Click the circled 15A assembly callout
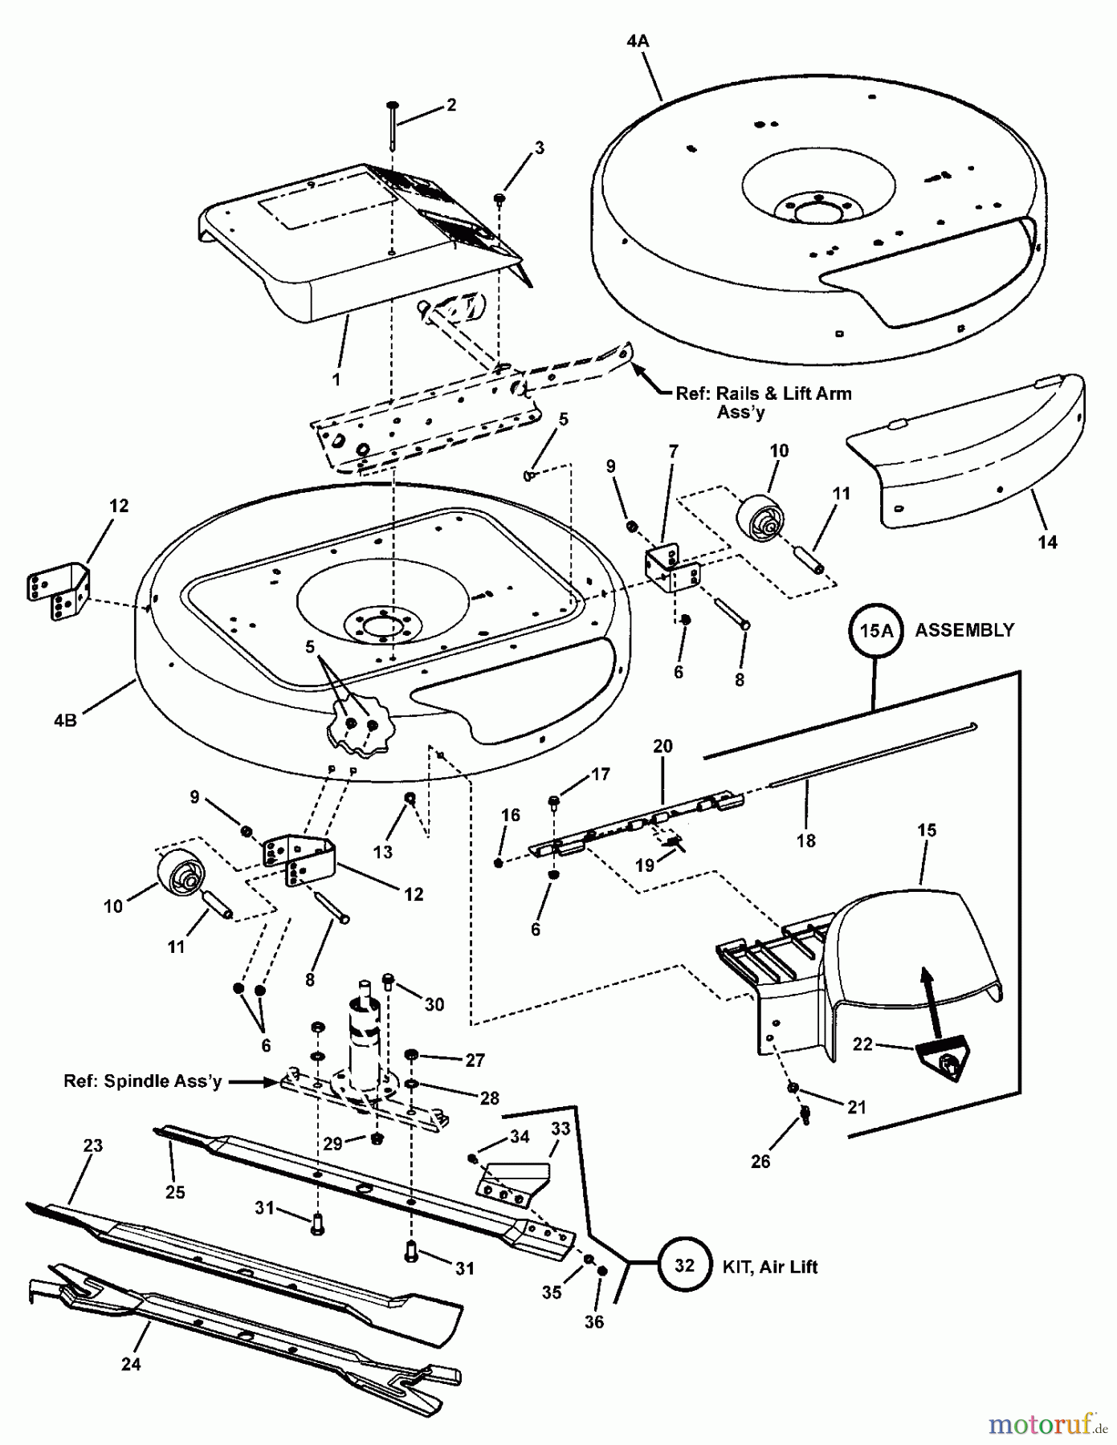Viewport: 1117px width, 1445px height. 876,630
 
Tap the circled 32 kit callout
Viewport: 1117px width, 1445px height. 683,1266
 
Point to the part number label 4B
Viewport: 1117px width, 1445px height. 65,720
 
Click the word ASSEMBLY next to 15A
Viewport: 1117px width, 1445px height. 964,630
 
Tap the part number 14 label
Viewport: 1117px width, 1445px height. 1047,542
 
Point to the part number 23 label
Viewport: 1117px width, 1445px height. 93,1146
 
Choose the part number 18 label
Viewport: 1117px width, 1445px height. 805,840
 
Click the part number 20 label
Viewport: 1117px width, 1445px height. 662,746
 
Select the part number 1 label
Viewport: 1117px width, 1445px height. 336,379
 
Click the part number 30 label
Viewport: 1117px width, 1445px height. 434,1004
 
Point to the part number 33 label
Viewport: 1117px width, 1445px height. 561,1128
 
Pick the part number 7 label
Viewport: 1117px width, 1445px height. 673,451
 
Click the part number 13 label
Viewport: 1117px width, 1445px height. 383,852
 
